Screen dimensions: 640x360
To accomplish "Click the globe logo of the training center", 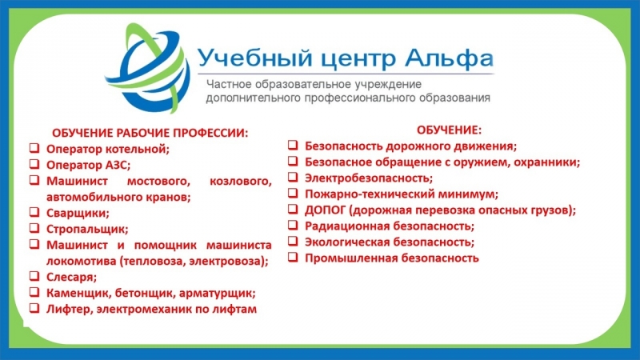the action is coord(148,68).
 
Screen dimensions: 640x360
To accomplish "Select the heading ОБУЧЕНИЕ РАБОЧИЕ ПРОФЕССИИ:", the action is coord(150,133).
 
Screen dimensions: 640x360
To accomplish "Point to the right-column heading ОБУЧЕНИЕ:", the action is coord(449,130).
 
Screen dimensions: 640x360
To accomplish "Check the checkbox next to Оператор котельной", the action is coord(34,148).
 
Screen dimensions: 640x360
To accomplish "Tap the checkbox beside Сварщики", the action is coord(34,212).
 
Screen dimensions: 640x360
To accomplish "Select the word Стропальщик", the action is coord(87,230).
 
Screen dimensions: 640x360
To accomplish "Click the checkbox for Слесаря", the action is coord(34,276).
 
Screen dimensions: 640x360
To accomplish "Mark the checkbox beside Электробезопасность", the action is coord(293,177).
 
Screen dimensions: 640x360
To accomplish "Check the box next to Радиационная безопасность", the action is coord(293,225).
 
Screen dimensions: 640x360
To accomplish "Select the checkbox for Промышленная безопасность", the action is coord(293,257).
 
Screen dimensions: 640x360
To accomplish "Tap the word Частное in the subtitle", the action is coord(229,85).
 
